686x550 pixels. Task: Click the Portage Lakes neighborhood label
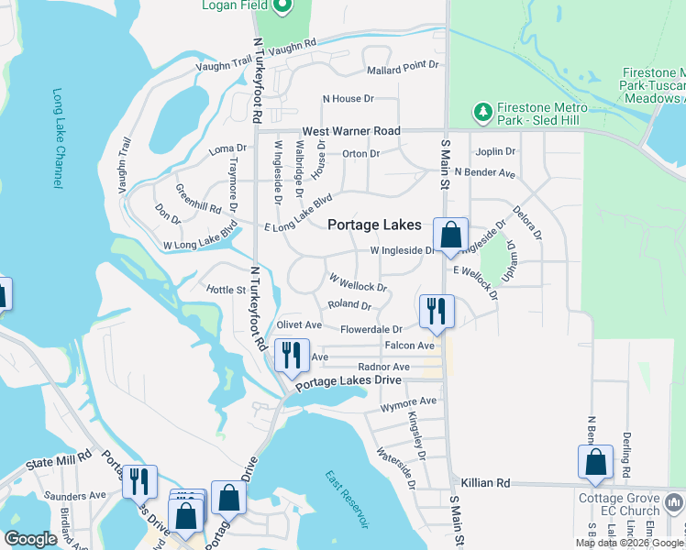click(375, 225)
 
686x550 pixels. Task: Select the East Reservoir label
click(346, 499)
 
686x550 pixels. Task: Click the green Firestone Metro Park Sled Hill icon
click(482, 111)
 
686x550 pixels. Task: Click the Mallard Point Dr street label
click(403, 69)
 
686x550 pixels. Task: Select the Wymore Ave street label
click(408, 402)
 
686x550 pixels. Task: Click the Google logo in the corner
click(30, 538)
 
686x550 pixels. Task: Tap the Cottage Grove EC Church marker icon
click(674, 502)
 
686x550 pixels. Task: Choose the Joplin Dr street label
click(495, 151)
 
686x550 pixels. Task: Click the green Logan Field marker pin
click(282, 7)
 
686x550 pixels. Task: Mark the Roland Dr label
click(349, 305)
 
